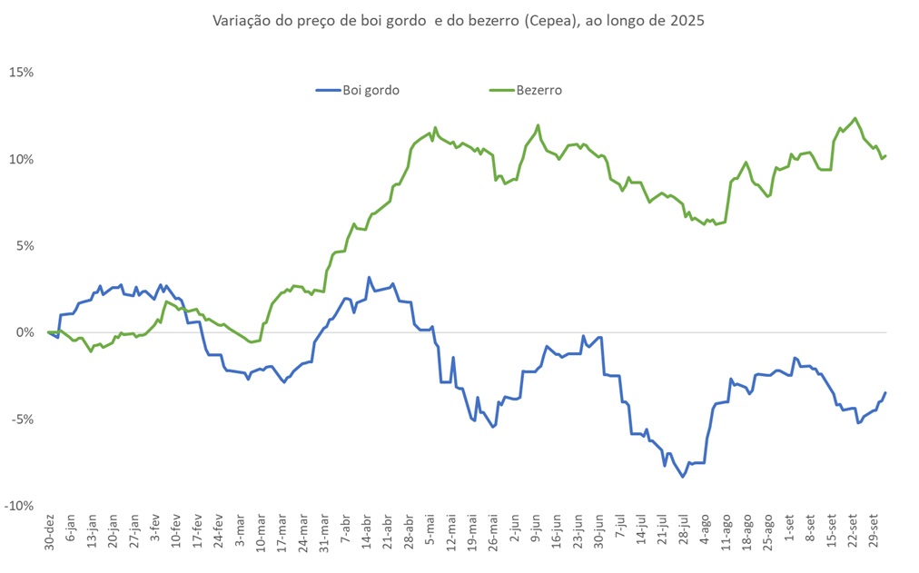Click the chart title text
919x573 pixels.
coord(459,20)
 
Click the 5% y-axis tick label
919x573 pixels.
coord(23,246)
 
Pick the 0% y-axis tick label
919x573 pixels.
coord(23,332)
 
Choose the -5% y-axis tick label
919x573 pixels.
coord(21,420)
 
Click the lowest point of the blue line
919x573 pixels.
coord(683,477)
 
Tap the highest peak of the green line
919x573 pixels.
coord(855,118)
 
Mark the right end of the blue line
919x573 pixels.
coord(885,392)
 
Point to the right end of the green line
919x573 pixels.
coord(885,155)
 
